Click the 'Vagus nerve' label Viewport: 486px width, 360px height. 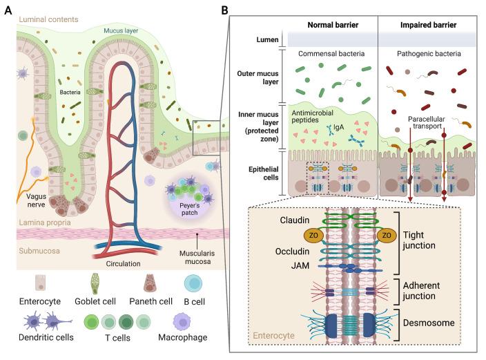coord(30,201)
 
